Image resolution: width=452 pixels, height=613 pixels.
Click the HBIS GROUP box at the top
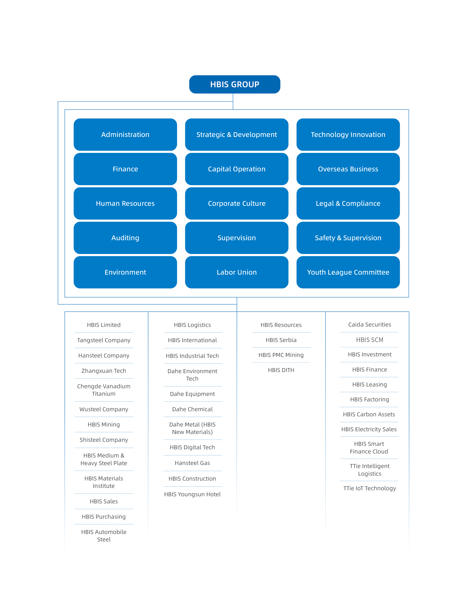click(x=235, y=84)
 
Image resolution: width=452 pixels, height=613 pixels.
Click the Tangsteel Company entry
click(x=104, y=340)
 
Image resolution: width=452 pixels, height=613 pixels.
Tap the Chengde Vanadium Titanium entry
click(x=104, y=390)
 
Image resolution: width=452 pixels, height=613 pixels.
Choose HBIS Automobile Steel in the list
click(x=104, y=536)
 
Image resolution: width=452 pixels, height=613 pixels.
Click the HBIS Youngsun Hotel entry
click(x=192, y=494)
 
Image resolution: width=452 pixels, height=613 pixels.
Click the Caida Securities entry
click(x=369, y=325)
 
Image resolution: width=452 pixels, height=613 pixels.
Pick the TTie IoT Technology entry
click(x=369, y=488)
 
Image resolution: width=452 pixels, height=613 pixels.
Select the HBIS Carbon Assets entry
click(x=369, y=414)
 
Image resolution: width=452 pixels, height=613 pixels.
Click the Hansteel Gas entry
click(x=192, y=463)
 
